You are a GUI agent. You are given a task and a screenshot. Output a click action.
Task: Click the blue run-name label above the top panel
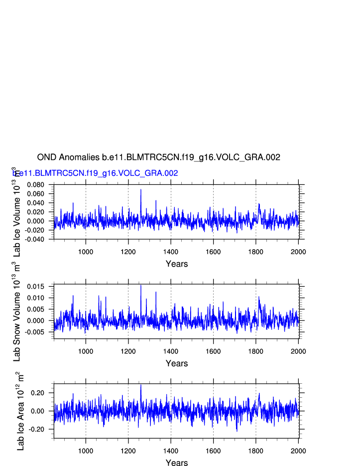95,173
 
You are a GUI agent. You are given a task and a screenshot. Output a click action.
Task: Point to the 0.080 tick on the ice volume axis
35,185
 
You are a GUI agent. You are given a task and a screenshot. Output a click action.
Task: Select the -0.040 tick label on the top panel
34,239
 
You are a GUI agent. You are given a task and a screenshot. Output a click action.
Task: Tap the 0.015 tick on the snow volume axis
37,287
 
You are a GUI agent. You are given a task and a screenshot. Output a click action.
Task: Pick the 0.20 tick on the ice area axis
40,393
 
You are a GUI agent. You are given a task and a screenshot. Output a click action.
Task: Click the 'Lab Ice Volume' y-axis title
17,219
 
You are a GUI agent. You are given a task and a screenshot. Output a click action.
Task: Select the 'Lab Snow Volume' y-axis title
17,319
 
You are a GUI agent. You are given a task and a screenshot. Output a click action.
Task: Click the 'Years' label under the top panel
177,264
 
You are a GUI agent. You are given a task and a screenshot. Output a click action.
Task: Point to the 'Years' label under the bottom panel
177,463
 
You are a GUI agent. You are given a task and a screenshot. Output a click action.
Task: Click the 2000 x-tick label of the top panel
298,252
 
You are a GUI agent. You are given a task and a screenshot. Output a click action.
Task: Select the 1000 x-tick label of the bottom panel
86,451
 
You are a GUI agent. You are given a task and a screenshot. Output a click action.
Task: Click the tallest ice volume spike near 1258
141,190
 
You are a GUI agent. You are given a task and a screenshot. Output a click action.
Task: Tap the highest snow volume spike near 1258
141,286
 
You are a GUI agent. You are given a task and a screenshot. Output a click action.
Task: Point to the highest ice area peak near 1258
141,385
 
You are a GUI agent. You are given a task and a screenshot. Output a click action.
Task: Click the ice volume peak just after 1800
259,204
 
